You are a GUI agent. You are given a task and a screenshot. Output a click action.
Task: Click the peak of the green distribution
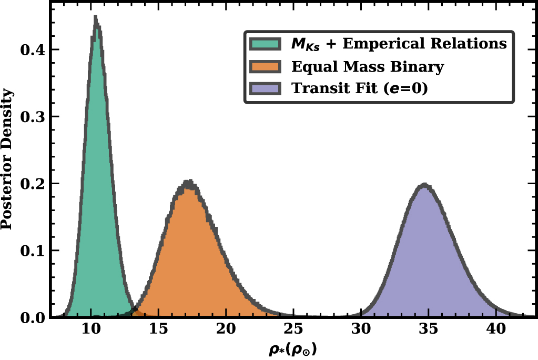(96, 16)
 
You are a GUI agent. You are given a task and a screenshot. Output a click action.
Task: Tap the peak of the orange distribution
(189, 181)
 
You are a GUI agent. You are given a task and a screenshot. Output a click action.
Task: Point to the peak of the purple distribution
(425, 185)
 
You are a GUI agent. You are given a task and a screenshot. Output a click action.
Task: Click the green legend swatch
(265, 44)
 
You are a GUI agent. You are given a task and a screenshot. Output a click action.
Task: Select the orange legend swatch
(265, 66)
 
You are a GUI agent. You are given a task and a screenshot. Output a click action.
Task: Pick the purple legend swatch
(265, 88)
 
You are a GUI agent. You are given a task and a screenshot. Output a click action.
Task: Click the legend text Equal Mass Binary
(368, 67)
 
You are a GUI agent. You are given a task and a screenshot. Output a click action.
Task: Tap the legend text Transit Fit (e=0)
(360, 88)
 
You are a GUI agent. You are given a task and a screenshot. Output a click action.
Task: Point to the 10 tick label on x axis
(91, 329)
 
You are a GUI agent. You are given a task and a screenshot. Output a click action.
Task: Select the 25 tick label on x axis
(293, 329)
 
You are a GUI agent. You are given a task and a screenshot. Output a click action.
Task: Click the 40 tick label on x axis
(496, 329)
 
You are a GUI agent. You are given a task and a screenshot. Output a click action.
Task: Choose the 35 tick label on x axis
(429, 329)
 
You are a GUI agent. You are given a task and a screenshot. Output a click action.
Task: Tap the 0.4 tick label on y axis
(33, 50)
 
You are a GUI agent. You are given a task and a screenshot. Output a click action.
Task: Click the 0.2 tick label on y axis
(33, 184)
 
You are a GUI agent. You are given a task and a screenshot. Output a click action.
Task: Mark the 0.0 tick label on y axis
(33, 318)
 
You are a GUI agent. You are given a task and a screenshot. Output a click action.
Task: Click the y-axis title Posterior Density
(7, 159)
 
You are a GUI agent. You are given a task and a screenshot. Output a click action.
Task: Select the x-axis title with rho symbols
(293, 349)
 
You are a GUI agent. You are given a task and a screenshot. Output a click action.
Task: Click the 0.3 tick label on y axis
(33, 117)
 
